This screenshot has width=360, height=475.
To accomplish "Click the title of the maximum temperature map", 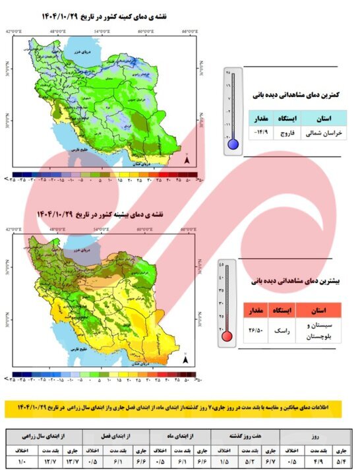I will [x=105, y=214].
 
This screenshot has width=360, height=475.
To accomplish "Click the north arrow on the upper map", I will [x=188, y=159].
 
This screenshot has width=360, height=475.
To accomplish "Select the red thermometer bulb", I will [x=227, y=336].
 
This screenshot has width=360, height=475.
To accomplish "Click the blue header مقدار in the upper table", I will [x=260, y=118].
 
